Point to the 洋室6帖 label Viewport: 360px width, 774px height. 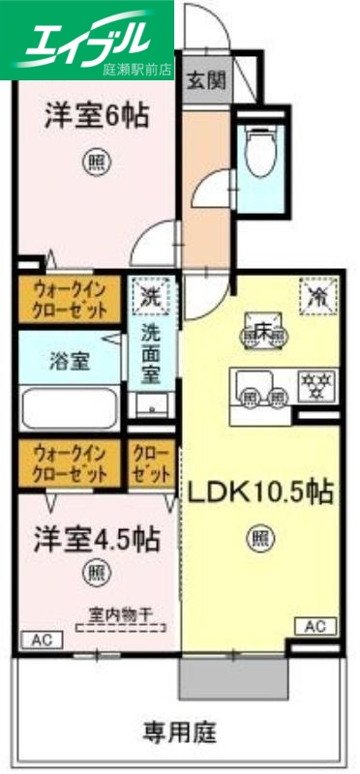coord(95,117)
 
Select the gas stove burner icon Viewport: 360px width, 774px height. coord(315,385)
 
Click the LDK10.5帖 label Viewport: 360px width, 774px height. coord(260,492)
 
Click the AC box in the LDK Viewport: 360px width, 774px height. coord(315,626)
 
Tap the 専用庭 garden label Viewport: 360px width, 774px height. coord(180,729)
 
